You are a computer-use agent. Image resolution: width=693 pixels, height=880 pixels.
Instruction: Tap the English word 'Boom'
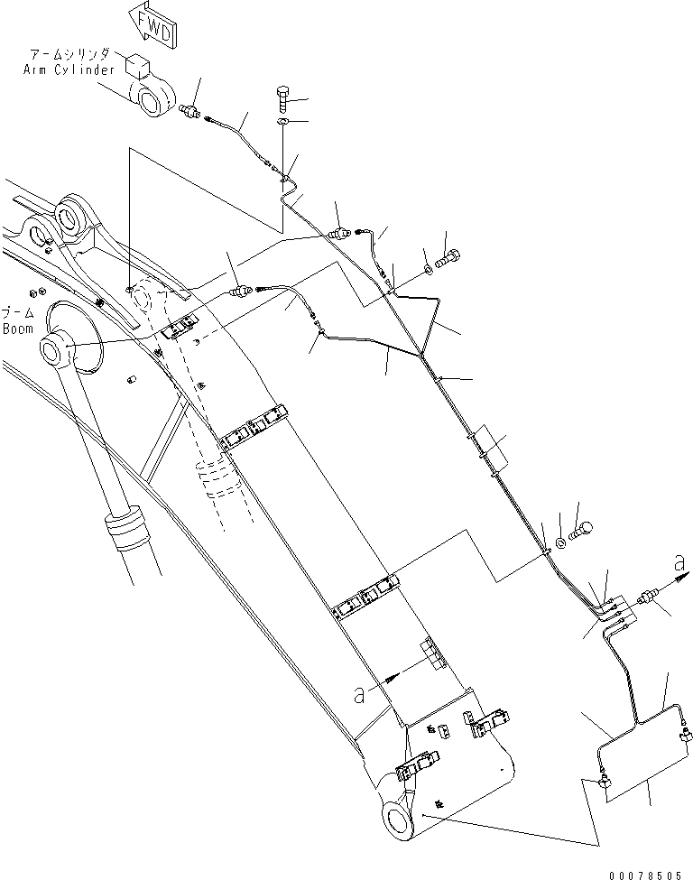17,329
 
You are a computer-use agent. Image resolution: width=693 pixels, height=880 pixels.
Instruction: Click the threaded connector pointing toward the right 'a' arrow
646,598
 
